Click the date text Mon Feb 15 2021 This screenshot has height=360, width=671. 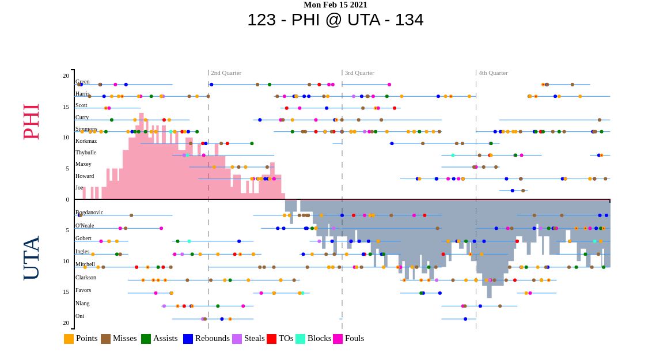click(335, 5)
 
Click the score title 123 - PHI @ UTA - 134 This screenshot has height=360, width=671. click(335, 20)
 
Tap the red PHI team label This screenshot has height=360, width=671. click(31, 122)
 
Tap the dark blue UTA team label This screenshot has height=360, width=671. click(31, 257)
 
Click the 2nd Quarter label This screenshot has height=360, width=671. click(226, 73)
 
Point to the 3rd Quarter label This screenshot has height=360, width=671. click(359, 73)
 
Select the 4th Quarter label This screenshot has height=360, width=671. click(493, 73)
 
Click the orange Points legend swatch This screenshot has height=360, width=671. click(69, 339)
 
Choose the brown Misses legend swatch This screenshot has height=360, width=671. click(105, 339)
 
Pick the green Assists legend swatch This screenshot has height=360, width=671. click(146, 339)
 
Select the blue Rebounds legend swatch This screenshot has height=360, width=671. click(188, 339)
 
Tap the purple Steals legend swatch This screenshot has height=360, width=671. click(237, 339)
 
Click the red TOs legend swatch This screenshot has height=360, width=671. click(271, 339)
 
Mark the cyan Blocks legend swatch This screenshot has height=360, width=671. click(300, 339)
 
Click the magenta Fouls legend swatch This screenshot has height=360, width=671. click(338, 339)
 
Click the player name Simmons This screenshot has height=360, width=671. click(86, 129)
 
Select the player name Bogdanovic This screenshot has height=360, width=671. click(89, 213)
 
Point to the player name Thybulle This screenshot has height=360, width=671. click(86, 153)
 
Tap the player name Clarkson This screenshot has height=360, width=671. click(86, 278)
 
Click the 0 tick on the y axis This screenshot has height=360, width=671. click(67, 200)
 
